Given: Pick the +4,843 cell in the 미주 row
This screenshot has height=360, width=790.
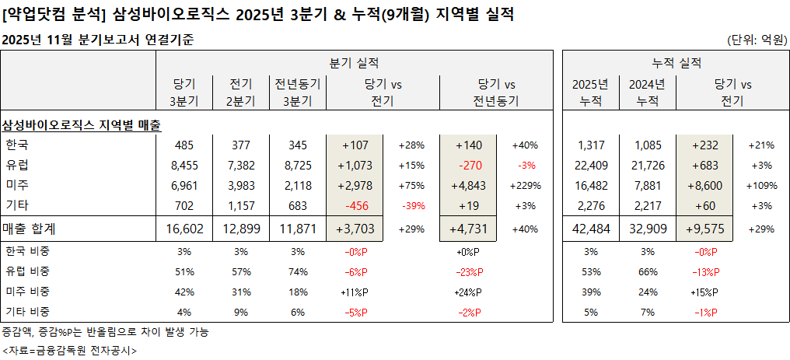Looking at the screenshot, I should click(x=468, y=185).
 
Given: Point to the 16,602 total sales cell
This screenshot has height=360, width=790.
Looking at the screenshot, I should click(x=183, y=229).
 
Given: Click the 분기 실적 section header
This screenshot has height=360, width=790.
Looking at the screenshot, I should click(x=355, y=63).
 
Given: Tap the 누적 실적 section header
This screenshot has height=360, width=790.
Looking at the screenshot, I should click(x=676, y=63).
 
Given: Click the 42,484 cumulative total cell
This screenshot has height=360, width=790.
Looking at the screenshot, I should click(x=591, y=229).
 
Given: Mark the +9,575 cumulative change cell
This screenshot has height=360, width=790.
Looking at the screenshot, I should click(x=704, y=229).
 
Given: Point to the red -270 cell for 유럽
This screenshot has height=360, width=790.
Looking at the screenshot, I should click(x=468, y=165).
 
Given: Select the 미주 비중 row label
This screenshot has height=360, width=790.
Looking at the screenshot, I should click(x=27, y=291).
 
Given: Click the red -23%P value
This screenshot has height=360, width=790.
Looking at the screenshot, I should click(x=469, y=271).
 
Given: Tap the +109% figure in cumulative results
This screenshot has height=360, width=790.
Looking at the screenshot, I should click(x=760, y=185).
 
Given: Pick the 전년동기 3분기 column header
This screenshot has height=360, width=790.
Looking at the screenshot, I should click(x=298, y=92).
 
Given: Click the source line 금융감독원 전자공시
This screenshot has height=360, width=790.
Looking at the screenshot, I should click(x=69, y=350).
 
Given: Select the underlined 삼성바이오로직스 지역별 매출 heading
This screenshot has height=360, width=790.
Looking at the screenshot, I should click(x=82, y=124).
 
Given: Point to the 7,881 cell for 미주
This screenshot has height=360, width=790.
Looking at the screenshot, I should click(x=647, y=185).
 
